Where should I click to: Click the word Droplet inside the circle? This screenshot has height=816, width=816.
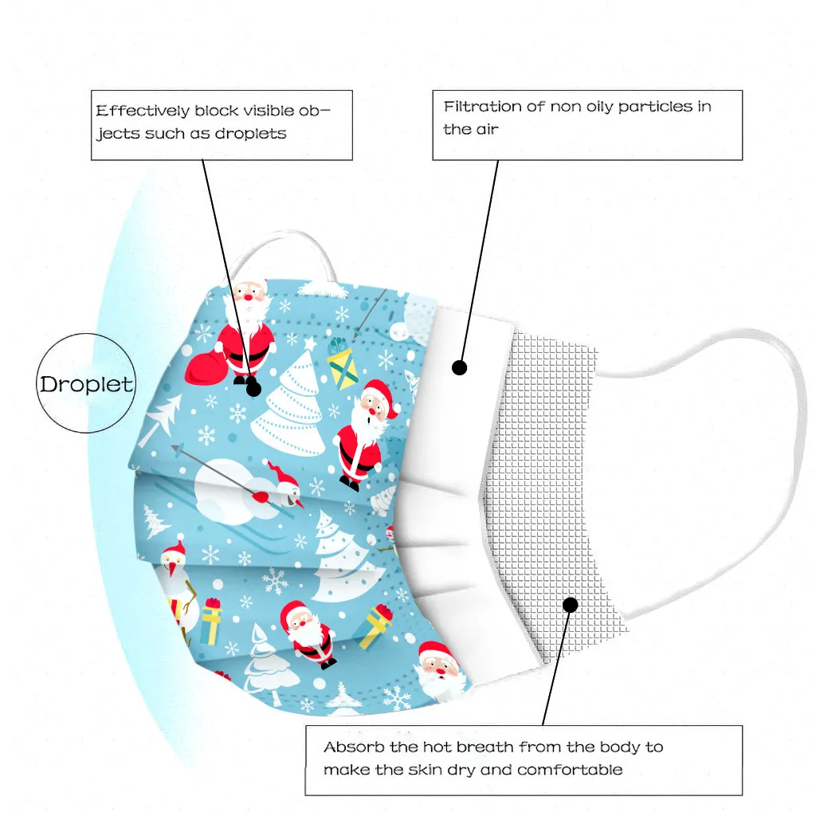(x=86, y=385)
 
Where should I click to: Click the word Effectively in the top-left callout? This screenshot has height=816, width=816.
(x=142, y=111)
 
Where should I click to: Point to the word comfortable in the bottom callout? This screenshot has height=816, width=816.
(x=570, y=770)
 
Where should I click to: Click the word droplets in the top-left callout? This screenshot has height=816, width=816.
(x=249, y=133)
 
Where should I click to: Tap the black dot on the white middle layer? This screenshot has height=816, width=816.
(x=459, y=367)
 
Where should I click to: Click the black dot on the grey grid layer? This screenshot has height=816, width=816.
(x=570, y=605)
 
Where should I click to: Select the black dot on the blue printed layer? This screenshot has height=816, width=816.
(x=253, y=389)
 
